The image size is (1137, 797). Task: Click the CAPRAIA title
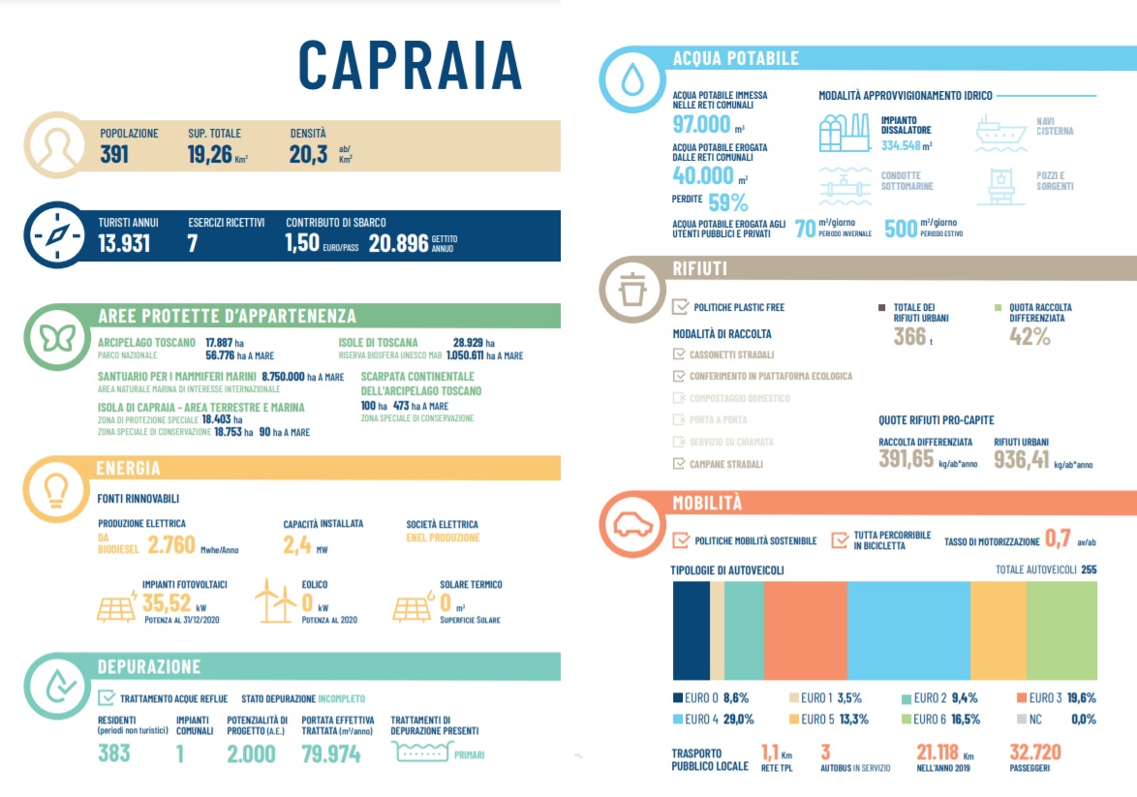tap(410, 66)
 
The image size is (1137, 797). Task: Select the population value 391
tap(114, 154)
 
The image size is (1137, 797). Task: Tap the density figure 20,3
tap(309, 154)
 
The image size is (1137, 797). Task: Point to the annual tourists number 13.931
tap(124, 243)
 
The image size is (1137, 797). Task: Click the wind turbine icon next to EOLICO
tap(275, 601)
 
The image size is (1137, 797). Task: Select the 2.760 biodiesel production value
tap(171, 545)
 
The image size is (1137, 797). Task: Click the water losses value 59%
tap(728, 203)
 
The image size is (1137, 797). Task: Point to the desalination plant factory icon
tap(844, 133)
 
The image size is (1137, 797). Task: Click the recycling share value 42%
tap(1029, 337)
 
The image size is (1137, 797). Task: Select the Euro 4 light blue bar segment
tap(908, 630)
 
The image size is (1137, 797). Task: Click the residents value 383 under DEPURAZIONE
tap(114, 752)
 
